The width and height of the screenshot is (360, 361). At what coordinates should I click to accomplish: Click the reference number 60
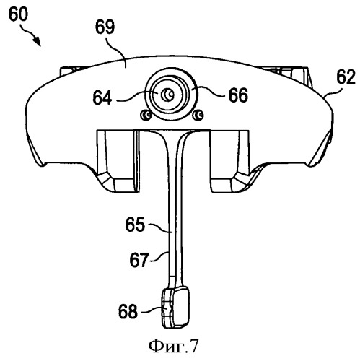pyautogui.click(x=18, y=14)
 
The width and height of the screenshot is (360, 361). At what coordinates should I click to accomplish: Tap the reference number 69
pyautogui.click(x=105, y=27)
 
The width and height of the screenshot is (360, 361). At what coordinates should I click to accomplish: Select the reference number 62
pyautogui.click(x=346, y=77)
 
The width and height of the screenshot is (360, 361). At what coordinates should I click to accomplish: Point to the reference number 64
pyautogui.click(x=102, y=97)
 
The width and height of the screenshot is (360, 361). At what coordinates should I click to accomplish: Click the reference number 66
pyautogui.click(x=238, y=95)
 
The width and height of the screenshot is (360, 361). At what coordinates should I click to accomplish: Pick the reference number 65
pyautogui.click(x=135, y=225)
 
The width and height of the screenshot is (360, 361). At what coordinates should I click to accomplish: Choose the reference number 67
pyautogui.click(x=139, y=260)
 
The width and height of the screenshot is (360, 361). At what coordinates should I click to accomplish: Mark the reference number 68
pyautogui.click(x=128, y=311)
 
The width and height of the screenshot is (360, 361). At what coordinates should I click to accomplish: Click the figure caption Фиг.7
pyautogui.click(x=174, y=346)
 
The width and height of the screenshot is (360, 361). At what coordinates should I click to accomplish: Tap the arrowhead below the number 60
pyautogui.click(x=37, y=41)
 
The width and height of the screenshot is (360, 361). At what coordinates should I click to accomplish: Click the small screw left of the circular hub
pyautogui.click(x=146, y=115)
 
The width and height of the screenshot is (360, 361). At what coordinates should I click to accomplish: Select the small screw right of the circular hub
pyautogui.click(x=198, y=115)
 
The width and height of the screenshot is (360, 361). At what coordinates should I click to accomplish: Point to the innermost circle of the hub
pyautogui.click(x=168, y=95)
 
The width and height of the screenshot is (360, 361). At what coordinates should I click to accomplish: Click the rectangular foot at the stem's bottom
pyautogui.click(x=175, y=307)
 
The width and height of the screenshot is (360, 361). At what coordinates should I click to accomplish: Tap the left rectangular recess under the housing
pyautogui.click(x=118, y=161)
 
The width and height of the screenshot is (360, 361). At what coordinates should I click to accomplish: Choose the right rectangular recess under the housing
pyautogui.click(x=230, y=161)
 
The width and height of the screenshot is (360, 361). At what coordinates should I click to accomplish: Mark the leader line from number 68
pyautogui.click(x=152, y=310)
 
